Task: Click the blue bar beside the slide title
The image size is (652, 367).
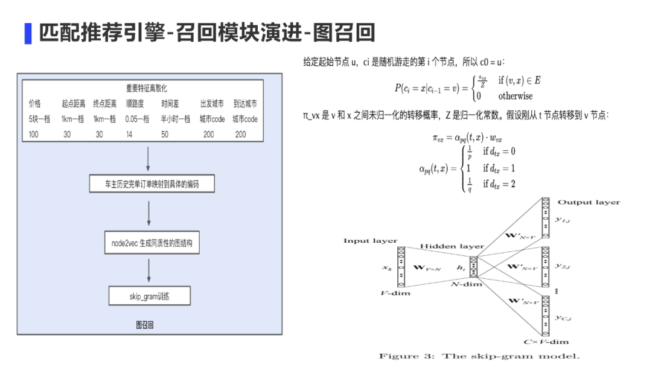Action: [x=28, y=33]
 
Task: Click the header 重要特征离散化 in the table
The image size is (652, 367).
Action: [x=142, y=88]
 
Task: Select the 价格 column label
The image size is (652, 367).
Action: [x=35, y=104]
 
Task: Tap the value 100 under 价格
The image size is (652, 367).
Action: [x=34, y=134]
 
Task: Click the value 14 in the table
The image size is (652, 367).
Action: [x=129, y=134]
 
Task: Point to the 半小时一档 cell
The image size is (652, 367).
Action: [x=176, y=119]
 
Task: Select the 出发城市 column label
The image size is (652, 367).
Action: [x=212, y=104]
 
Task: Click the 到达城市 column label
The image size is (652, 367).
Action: [x=245, y=104]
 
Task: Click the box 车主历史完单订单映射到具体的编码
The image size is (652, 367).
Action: [x=152, y=184]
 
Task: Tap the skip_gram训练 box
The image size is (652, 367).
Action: [x=150, y=296]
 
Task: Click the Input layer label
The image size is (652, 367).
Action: [x=370, y=241]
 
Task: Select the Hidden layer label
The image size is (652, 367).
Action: [x=452, y=246]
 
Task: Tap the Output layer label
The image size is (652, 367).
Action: [x=588, y=202]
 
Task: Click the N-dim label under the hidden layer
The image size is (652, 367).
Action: [x=466, y=284]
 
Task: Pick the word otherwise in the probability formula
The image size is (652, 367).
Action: [x=515, y=96]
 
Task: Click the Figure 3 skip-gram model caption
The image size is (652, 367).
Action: [x=479, y=356]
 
